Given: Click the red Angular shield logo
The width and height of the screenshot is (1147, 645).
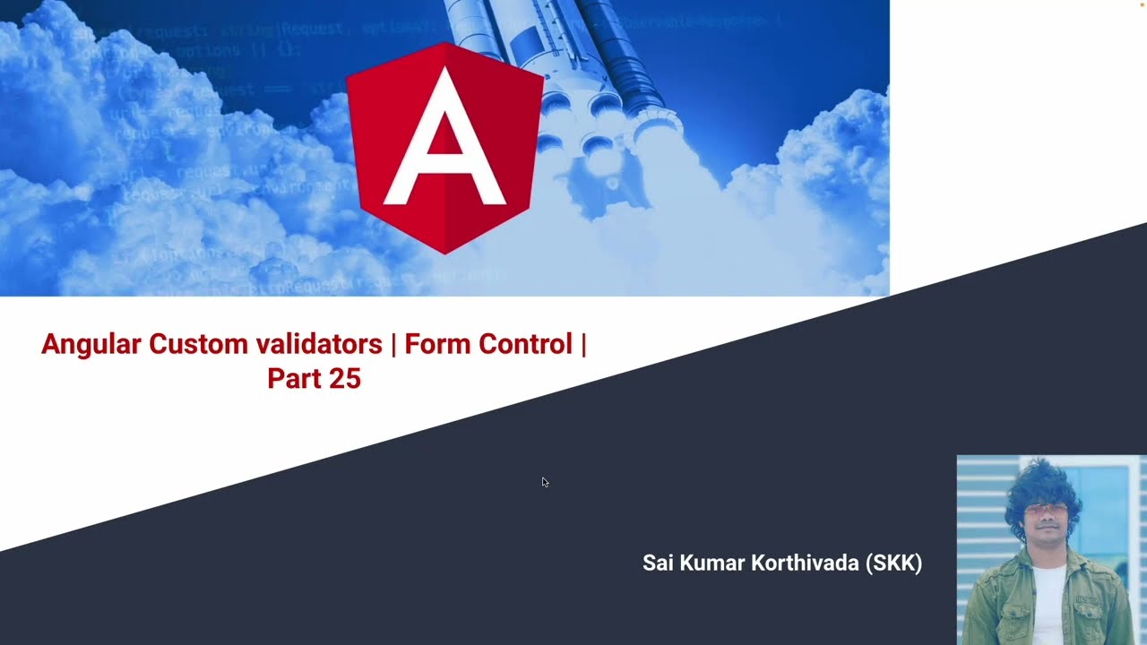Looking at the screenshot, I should click(x=444, y=148).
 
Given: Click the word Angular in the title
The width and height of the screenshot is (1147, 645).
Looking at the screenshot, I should click(x=91, y=344).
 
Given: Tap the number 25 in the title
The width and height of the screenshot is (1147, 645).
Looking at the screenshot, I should click(x=344, y=379).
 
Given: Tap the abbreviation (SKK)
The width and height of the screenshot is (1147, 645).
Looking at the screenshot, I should click(x=894, y=563).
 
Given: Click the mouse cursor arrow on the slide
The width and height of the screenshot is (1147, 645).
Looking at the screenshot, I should click(x=545, y=482).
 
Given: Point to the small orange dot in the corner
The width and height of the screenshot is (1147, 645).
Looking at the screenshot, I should click(x=1143, y=4).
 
